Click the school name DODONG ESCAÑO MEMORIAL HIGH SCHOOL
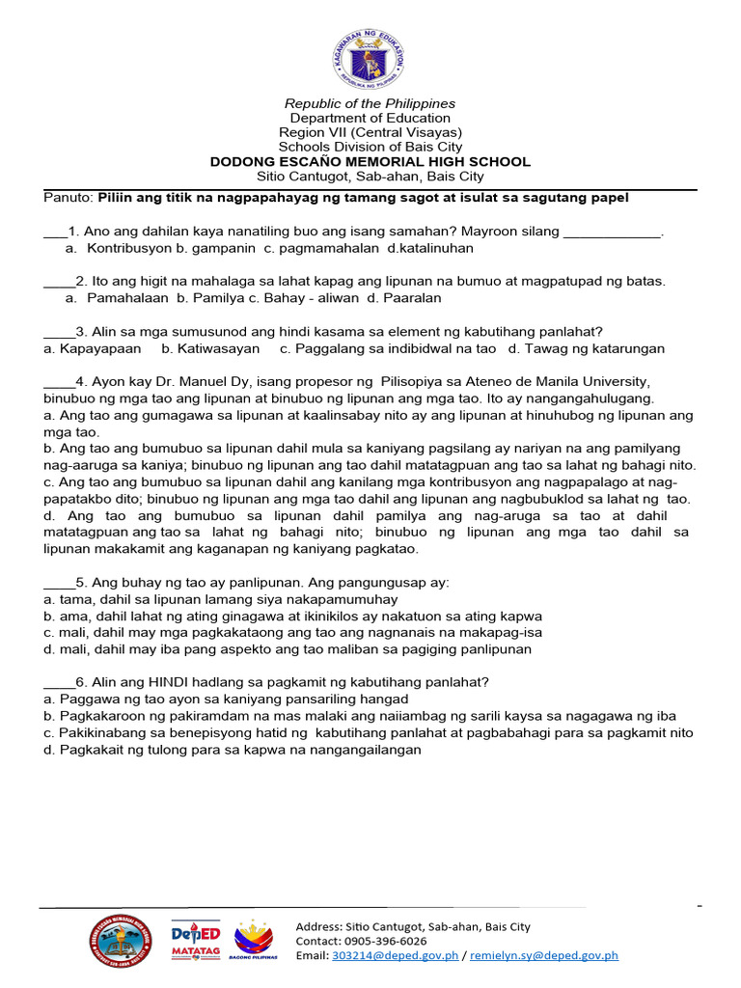[x=370, y=162]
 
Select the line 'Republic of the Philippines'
[x=370, y=103]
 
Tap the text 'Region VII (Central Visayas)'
[x=370, y=132]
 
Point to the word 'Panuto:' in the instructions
[x=69, y=198]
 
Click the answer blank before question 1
[x=55, y=233]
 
